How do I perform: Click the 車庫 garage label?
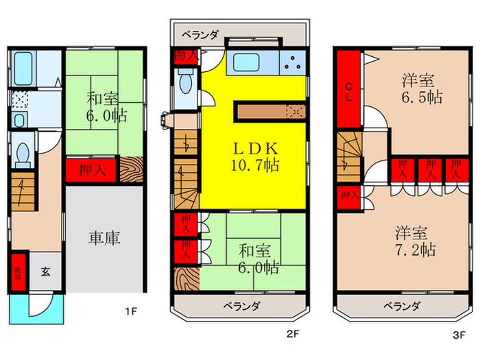pyautogui.click(x=104, y=238)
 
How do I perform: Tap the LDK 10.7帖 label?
pyautogui.click(x=255, y=157)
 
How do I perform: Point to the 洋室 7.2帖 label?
pyautogui.click(x=416, y=241)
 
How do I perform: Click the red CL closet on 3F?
pyautogui.click(x=348, y=88)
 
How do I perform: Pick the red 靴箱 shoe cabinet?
pyautogui.click(x=19, y=272)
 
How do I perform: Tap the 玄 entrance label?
pyautogui.click(x=46, y=272)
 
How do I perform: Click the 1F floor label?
pyautogui.click(x=131, y=311)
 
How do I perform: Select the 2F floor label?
pyautogui.click(x=293, y=334)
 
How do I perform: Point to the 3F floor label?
pyautogui.click(x=459, y=335)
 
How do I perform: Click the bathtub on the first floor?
pyautogui.click(x=23, y=69)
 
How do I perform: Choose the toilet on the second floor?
pyautogui.click(x=186, y=81)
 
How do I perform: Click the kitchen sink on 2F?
pyautogui.click(x=246, y=62)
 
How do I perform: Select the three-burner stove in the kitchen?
pyautogui.click(x=293, y=63)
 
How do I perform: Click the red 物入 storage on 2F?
pyautogui.click(x=186, y=57)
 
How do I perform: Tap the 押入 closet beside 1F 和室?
pyautogui.click(x=91, y=171)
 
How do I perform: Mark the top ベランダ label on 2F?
pyautogui.click(x=200, y=34)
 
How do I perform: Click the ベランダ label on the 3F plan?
pyautogui.click(x=402, y=306)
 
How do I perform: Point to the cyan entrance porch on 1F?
pyautogui.click(x=36, y=309)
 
